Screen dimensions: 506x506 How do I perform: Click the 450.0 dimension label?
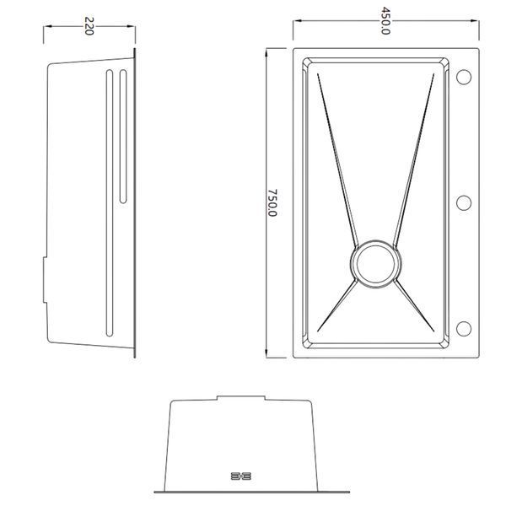pos(385,21)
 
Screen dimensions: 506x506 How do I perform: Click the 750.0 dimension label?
pos(272,202)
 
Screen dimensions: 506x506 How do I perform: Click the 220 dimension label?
pos(89,26)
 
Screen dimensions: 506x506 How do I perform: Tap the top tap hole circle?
pos(464,77)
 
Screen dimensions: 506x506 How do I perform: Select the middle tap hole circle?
pos(464,203)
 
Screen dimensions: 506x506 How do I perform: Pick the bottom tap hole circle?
pos(464,329)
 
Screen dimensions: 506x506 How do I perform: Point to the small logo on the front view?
pos(241,476)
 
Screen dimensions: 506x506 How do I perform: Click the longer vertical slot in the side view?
pos(110,203)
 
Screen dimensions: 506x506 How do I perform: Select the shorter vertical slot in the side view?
pos(123,136)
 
